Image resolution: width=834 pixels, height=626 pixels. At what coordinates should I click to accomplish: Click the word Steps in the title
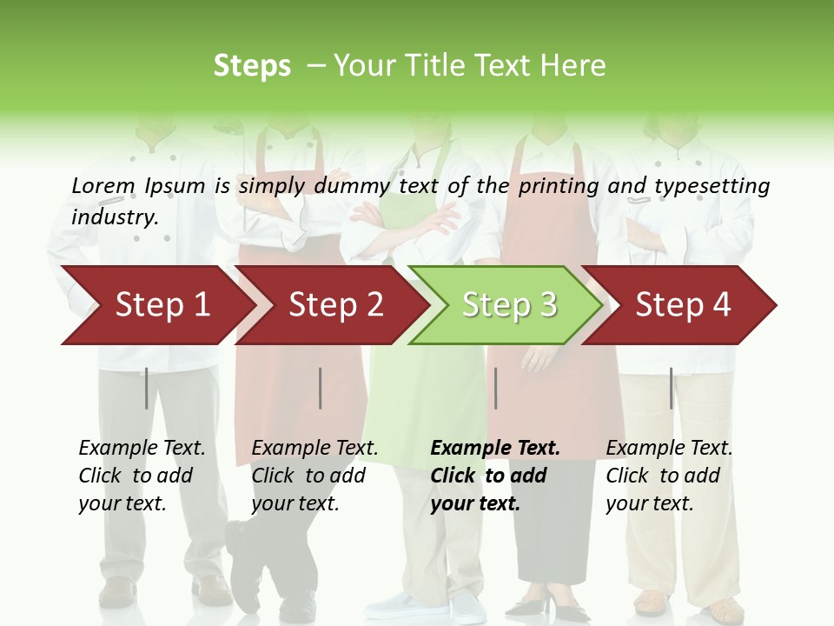click(x=252, y=66)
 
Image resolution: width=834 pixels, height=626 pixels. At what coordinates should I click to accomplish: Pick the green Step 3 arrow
click(x=509, y=304)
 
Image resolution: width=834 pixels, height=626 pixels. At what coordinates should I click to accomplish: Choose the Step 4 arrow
click(x=683, y=304)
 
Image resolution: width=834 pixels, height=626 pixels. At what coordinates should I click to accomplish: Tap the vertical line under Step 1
click(x=147, y=388)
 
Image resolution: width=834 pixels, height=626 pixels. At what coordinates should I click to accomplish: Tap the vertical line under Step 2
click(x=321, y=388)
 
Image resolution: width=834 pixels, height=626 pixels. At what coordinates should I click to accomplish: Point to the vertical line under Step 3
click(x=496, y=388)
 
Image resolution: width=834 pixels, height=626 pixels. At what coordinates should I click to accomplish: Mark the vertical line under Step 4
click(x=672, y=388)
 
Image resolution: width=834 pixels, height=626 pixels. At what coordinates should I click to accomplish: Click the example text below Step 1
click(x=142, y=476)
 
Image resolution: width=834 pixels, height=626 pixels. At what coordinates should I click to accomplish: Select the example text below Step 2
click(x=314, y=476)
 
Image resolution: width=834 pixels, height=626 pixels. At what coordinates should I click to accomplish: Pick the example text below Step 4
click(x=669, y=476)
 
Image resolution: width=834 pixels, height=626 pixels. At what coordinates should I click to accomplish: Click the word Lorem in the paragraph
click(x=103, y=185)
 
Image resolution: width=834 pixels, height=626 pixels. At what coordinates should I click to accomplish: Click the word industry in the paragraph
click(x=115, y=216)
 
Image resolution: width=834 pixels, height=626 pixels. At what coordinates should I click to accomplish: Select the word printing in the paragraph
click(x=559, y=186)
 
